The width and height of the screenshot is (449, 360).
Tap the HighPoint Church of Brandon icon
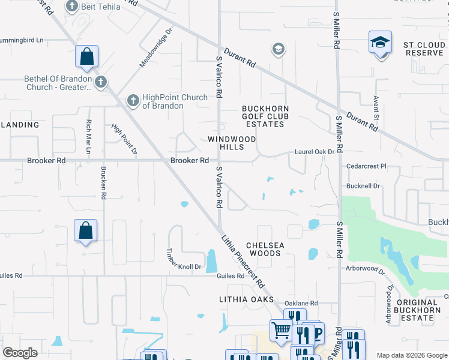click(x=133, y=100)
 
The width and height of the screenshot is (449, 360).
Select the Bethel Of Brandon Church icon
click(x=100, y=80)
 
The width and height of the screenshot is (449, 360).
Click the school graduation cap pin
click(x=380, y=43)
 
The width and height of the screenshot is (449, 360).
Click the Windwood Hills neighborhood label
click(x=232, y=143)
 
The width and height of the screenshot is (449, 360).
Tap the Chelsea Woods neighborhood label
click(x=265, y=250)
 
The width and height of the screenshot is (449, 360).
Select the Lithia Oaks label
click(x=246, y=299)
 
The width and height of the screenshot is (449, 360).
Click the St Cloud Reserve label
click(x=423, y=49)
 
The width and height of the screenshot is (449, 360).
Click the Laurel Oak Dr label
click(x=315, y=152)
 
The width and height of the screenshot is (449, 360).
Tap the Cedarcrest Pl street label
click(x=366, y=166)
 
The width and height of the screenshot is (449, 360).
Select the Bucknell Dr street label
click(x=364, y=186)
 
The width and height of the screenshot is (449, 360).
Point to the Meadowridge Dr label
click(x=156, y=47)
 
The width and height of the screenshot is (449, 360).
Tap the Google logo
click(x=20, y=353)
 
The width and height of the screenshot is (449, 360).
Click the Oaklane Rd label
click(x=301, y=304)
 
